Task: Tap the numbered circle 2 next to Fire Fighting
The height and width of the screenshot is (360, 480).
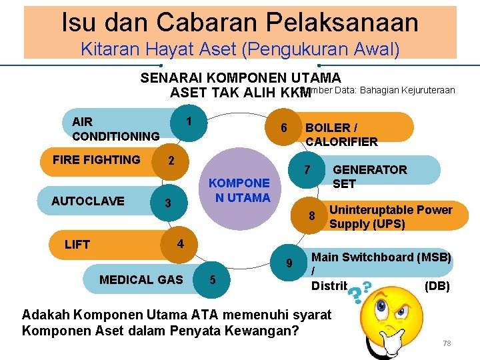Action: [x=171, y=161]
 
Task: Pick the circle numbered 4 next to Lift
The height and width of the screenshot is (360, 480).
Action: [x=180, y=243]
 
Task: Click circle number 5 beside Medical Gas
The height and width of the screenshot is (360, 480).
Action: [x=212, y=279]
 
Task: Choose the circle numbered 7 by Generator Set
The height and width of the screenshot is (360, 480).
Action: [x=307, y=170]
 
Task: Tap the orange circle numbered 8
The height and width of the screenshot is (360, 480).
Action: [x=311, y=216]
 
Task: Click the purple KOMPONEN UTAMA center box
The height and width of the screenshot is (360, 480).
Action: [x=239, y=189]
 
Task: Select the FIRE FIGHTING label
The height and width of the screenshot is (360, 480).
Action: [x=96, y=160]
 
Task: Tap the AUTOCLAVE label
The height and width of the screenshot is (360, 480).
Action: [x=87, y=201]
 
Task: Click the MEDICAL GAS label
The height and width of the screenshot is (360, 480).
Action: [x=141, y=279]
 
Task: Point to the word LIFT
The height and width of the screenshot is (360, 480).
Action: [x=77, y=245]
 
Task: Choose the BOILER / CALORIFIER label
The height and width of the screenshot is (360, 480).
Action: [x=341, y=134]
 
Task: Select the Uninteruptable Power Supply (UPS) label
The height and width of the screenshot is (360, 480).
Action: [x=391, y=217]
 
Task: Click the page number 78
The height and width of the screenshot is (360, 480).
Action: [x=447, y=343]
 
